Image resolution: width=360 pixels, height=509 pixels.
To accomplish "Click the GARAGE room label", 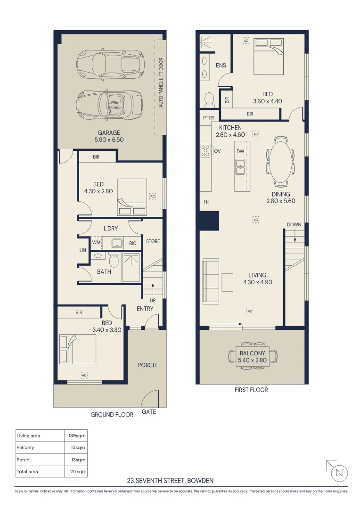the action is pyautogui.click(x=109, y=132).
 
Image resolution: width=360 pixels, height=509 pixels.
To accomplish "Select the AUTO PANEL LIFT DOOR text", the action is pyautogui.click(x=161, y=82).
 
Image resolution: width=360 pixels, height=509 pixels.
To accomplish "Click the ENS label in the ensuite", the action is pyautogui.click(x=221, y=65).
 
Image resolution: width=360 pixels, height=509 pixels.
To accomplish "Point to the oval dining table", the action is pyautogui.click(x=281, y=162).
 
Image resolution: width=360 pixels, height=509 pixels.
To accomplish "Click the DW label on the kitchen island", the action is pyautogui.click(x=240, y=151).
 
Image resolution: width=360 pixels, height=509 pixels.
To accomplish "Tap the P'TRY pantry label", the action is pyautogui.click(x=209, y=118).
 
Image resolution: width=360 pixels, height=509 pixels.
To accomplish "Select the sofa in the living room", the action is pyautogui.click(x=211, y=281).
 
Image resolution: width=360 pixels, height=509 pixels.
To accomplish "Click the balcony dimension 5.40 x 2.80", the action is pyautogui.click(x=252, y=360).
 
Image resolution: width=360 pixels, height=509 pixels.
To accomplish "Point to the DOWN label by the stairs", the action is pyautogui.click(x=294, y=225).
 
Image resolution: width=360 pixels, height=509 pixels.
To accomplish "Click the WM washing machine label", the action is pyautogui.click(x=96, y=243).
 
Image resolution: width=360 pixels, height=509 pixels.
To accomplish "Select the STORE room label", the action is pyautogui.click(x=153, y=241).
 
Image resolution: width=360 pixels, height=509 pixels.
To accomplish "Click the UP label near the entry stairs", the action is pyautogui.click(x=153, y=300).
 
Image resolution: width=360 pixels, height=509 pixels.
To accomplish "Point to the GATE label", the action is pyautogui.click(x=149, y=411).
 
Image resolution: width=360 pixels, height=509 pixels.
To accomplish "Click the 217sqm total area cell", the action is pyautogui.click(x=78, y=471).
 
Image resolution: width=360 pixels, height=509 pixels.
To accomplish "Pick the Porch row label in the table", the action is pyautogui.click(x=23, y=460).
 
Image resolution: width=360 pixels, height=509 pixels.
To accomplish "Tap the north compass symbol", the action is pyautogui.click(x=339, y=473).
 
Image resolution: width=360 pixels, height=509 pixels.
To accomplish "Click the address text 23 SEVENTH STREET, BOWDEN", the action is pyautogui.click(x=171, y=480).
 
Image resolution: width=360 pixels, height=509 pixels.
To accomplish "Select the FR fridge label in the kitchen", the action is pyautogui.click(x=206, y=202).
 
